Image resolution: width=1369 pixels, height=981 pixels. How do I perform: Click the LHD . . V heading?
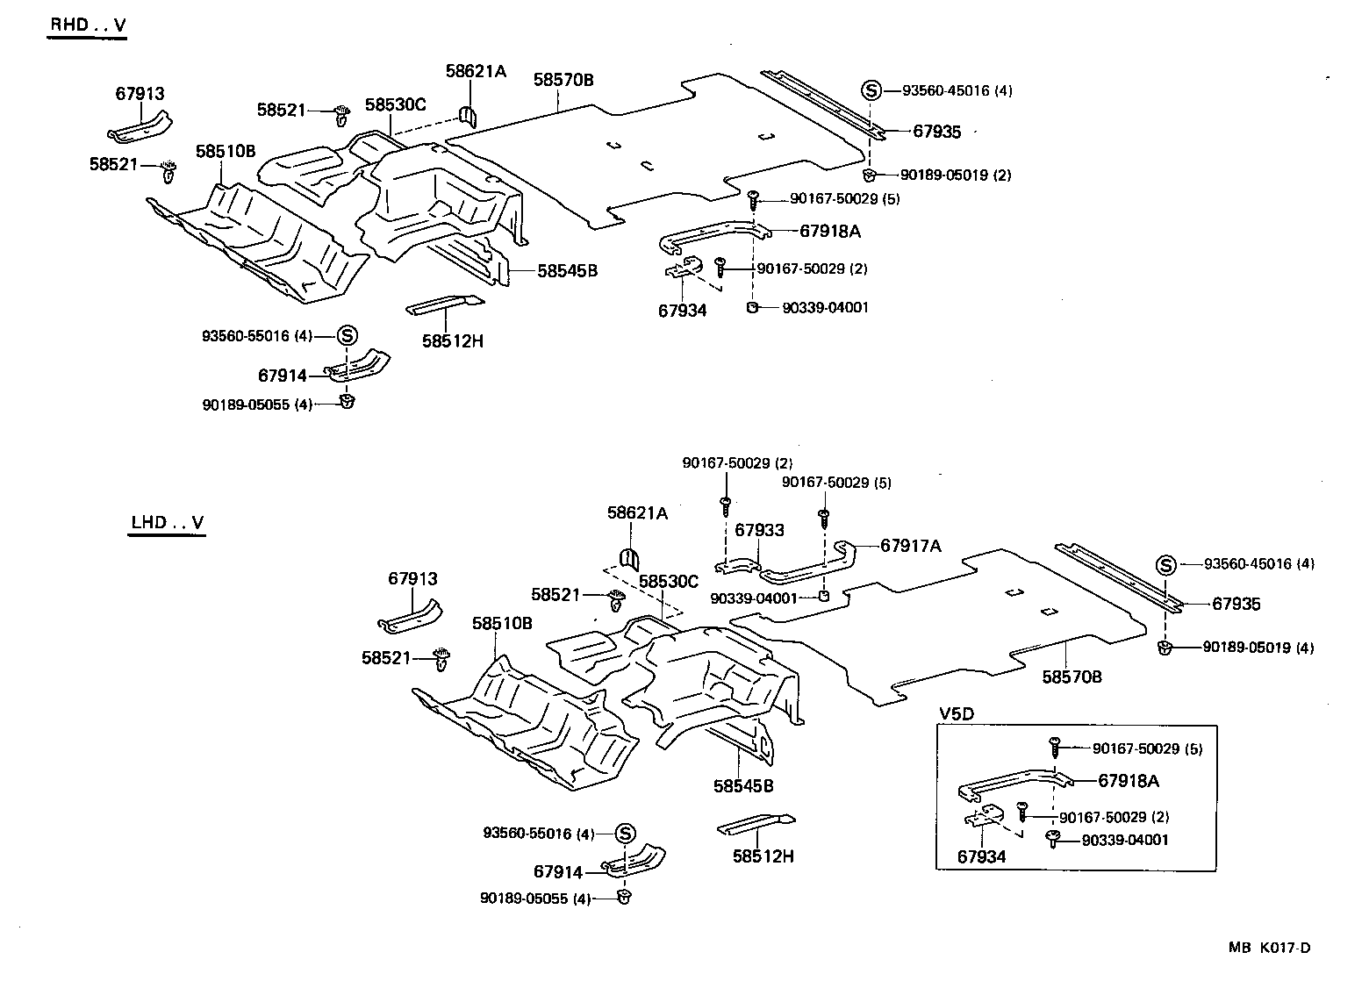point(167,523)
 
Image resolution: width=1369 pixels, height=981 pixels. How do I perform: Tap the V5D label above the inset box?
point(957,713)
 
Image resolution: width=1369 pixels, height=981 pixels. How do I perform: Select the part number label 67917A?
point(910,546)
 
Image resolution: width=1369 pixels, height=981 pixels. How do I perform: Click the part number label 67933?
point(759,530)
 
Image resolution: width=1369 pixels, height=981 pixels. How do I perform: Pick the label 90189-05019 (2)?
point(944,175)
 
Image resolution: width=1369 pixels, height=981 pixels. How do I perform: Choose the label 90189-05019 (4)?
point(1258,648)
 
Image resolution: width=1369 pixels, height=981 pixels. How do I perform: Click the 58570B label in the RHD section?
point(563,80)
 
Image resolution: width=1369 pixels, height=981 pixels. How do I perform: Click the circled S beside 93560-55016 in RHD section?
point(347,335)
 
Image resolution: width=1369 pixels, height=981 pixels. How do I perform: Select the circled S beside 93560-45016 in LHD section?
point(1165,565)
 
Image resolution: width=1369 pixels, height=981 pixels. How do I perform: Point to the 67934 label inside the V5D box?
point(981,856)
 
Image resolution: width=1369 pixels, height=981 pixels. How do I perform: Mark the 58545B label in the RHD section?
point(567,270)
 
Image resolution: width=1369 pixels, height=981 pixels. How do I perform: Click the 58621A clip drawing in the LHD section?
point(628,557)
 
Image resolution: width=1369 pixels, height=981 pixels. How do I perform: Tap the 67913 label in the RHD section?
point(140,94)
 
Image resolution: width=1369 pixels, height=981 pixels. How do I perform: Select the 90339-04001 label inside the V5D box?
point(1125,840)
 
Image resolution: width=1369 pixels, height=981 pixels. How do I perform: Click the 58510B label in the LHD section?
point(502,624)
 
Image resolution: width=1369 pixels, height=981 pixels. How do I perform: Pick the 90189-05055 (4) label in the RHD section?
point(257,405)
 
